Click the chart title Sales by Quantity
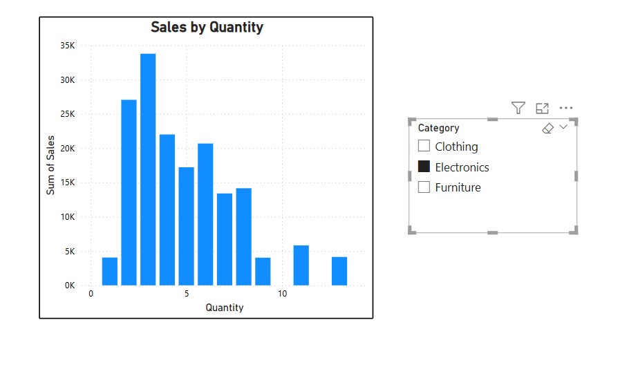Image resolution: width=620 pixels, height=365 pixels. click(x=207, y=28)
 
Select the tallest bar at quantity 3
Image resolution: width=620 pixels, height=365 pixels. click(x=148, y=169)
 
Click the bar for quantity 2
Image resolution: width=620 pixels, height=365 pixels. click(x=129, y=192)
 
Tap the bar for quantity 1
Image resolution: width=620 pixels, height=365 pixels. click(x=110, y=271)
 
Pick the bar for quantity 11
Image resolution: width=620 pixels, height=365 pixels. click(x=301, y=265)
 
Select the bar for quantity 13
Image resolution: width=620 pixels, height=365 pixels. click(x=339, y=270)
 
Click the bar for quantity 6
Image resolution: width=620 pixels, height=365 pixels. click(x=205, y=214)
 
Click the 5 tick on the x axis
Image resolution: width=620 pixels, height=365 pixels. click(x=187, y=294)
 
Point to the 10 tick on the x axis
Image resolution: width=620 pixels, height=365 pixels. click(x=282, y=294)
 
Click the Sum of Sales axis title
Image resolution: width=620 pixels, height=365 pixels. click(x=50, y=166)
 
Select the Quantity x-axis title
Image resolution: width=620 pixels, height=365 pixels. click(x=225, y=308)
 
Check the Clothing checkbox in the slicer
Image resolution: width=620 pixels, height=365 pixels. click(x=424, y=146)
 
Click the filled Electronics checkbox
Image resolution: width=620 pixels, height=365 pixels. click(x=424, y=167)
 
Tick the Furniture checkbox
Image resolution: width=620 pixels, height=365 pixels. click(x=424, y=187)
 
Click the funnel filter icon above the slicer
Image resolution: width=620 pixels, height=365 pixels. click(x=518, y=108)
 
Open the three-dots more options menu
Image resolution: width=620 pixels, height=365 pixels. click(x=566, y=108)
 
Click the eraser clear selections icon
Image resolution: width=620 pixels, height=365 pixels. click(x=548, y=129)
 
